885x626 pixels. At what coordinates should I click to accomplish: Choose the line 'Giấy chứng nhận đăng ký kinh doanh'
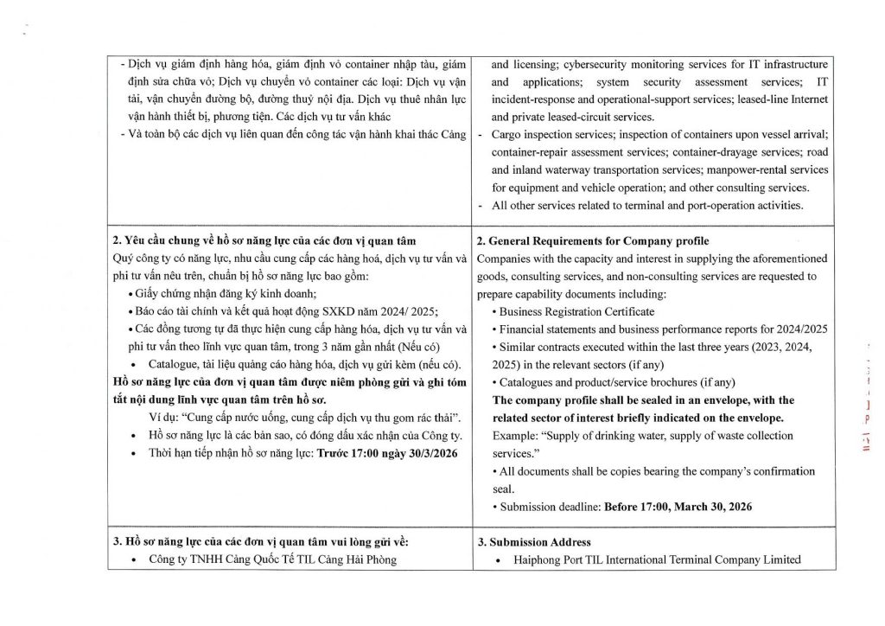tap(215, 294)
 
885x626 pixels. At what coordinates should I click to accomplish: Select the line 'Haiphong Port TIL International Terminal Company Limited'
tap(657, 559)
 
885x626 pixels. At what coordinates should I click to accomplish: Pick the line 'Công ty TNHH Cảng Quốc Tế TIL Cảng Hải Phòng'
tap(272, 559)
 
